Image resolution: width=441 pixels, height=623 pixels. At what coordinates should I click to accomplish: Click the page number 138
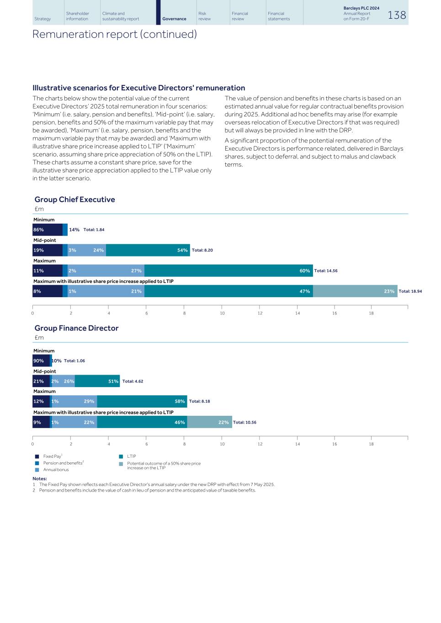pos(396,15)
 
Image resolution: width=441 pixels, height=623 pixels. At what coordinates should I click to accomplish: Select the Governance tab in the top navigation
pos(174,19)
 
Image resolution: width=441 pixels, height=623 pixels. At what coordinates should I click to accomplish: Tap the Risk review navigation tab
pos(204,16)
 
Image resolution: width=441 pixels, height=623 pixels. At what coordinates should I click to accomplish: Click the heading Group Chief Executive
pos(74,199)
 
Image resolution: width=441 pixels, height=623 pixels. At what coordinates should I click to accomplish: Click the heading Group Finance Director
pos(76,328)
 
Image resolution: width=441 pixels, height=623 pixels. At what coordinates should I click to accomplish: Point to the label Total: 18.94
pos(410,291)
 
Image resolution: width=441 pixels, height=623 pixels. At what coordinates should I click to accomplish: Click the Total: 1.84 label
pos(94,230)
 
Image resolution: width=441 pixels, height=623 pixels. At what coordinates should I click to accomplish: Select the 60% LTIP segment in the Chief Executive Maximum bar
pos(228,271)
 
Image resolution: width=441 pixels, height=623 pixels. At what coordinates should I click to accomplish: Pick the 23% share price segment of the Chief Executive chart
pos(355,291)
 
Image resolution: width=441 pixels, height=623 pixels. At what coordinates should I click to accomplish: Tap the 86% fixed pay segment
pos(47,230)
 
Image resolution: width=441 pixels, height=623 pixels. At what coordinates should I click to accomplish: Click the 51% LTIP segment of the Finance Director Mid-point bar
pos(97,381)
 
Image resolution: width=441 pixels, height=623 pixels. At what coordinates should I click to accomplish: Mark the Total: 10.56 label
pos(244,422)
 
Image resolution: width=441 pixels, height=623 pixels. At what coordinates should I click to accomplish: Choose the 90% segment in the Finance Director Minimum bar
pos(41,361)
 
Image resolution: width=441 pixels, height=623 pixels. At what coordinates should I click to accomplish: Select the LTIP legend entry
pos(131,456)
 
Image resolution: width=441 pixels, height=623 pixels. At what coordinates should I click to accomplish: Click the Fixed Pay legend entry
pos(52,456)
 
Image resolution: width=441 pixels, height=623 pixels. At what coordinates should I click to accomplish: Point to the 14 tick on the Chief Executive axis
pos(298,313)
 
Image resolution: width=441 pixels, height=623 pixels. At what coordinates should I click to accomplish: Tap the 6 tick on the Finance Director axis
pos(147,444)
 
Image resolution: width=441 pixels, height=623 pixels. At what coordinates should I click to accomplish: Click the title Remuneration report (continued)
pos(114,34)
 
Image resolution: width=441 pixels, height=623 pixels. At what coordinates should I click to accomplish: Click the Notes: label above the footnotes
pos(40,478)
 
